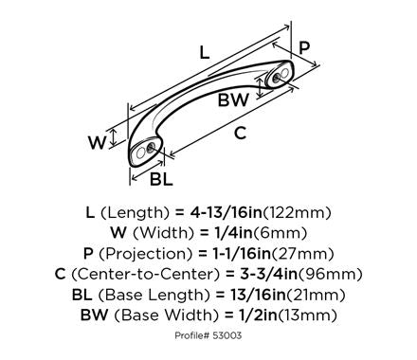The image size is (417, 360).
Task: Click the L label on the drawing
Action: click(x=205, y=52)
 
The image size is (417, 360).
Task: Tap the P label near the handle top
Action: click(x=304, y=48)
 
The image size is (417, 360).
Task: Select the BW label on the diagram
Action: click(x=233, y=100)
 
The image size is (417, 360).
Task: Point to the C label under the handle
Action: click(x=240, y=133)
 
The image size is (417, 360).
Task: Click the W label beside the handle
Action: click(x=97, y=143)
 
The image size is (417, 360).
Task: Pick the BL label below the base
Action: click(x=161, y=179)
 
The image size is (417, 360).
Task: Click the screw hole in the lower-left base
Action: click(x=151, y=148)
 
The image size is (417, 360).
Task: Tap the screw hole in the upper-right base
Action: click(x=277, y=78)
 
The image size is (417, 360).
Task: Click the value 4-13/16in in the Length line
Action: click(x=227, y=212)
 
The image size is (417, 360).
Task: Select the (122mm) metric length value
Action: click(x=297, y=213)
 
